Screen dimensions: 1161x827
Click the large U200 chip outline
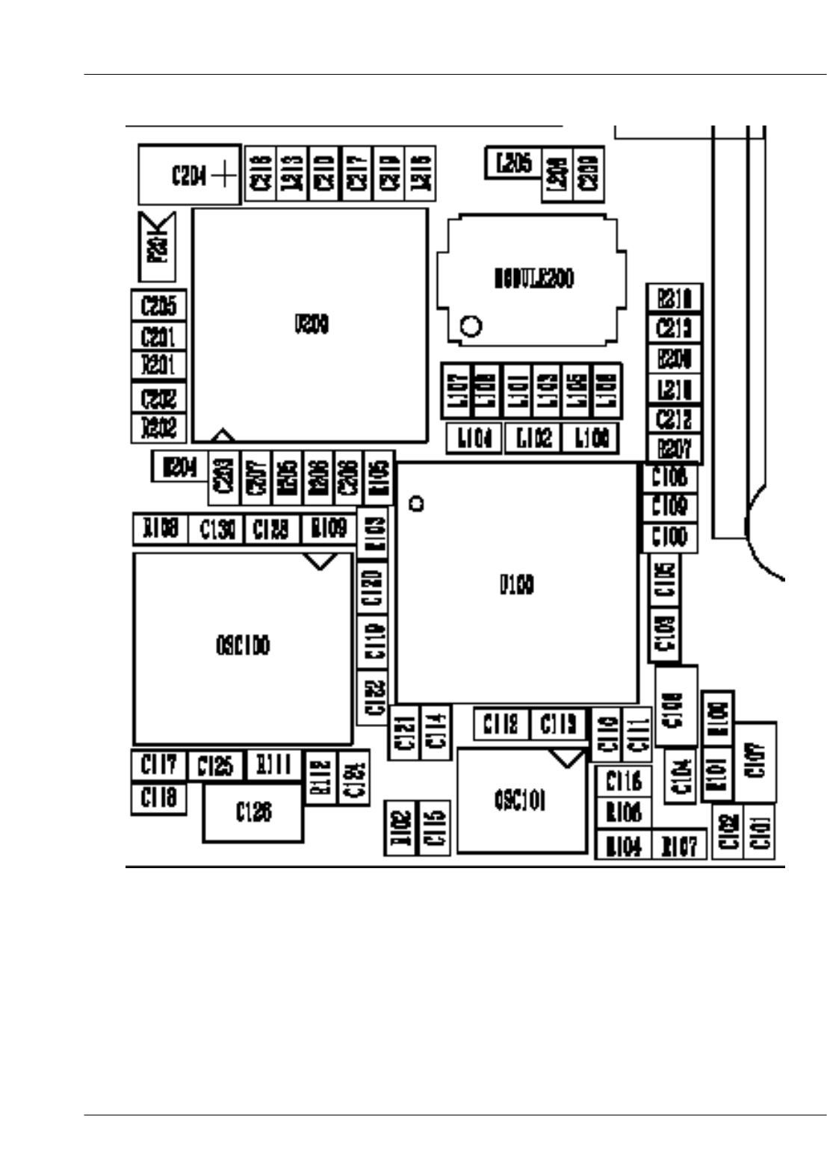310,325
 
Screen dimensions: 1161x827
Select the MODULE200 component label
533,279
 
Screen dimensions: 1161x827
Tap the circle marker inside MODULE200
471,326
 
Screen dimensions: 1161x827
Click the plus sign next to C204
224,176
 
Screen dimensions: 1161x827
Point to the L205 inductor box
513,163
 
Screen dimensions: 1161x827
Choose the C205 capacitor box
158,306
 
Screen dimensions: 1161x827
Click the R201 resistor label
158,365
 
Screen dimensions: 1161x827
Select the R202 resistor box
158,427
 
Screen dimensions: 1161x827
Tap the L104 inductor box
474,438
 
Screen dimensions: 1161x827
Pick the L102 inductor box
533,438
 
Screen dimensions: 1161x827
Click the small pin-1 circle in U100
418,504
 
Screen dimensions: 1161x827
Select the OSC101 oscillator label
520,801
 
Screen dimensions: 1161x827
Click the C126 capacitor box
253,812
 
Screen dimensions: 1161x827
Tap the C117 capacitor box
158,764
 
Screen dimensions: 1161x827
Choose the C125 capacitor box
215,766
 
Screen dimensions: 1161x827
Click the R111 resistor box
273,764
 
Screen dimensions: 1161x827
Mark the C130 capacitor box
217,530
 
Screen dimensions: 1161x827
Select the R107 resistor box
679,846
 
